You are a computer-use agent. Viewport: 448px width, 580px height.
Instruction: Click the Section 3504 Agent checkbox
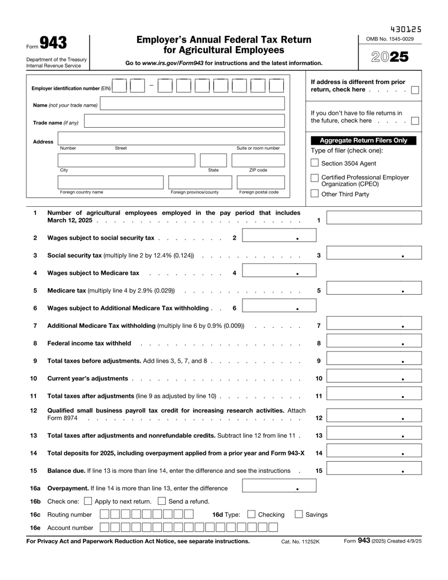[x=315, y=163]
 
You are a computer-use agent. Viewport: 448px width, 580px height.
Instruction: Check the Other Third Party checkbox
[x=315, y=194]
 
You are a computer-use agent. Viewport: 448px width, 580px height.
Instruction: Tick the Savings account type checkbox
[x=299, y=514]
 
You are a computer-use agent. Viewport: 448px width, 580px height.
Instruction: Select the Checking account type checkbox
[x=251, y=514]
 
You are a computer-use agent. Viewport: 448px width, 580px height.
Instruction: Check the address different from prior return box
[x=415, y=90]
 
